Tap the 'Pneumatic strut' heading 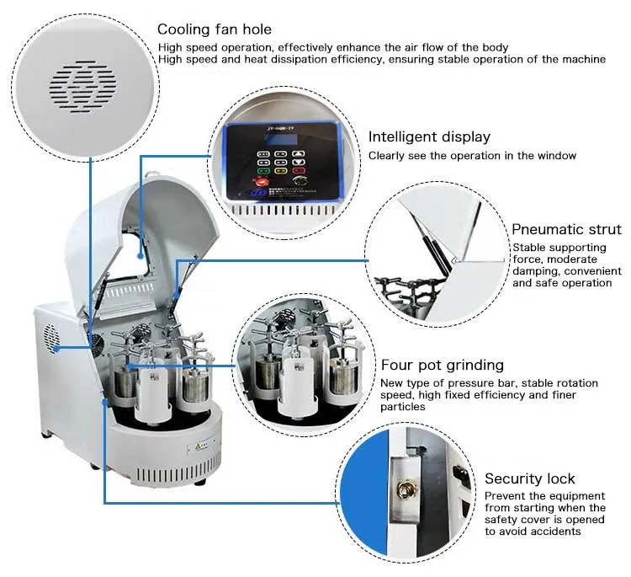566,229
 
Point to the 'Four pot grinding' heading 442,365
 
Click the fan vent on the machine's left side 56,337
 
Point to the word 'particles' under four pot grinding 403,407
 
